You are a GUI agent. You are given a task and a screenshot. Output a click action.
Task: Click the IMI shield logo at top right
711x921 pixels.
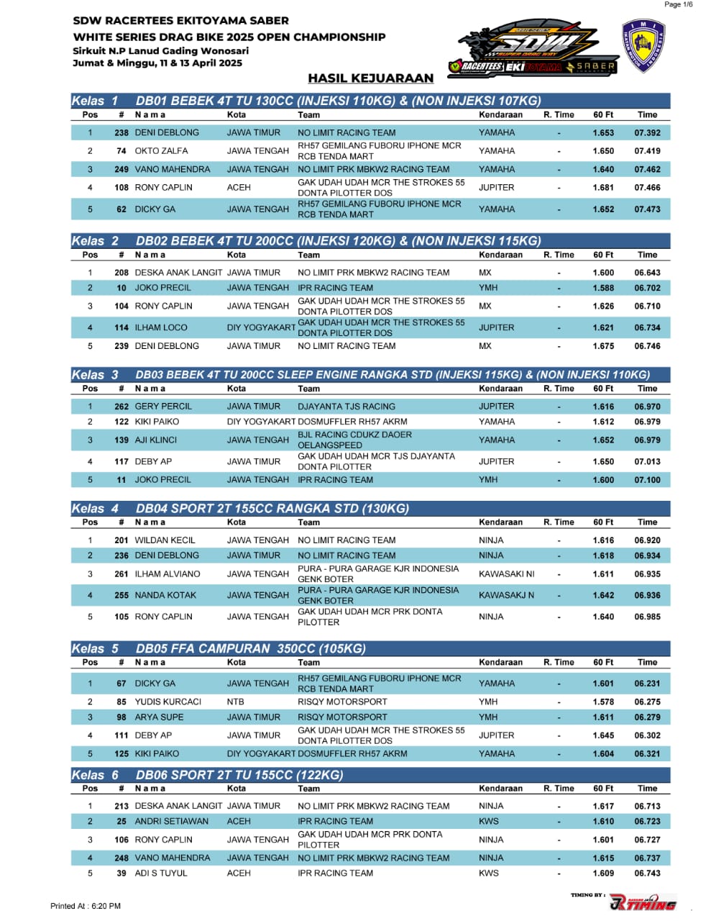(643, 47)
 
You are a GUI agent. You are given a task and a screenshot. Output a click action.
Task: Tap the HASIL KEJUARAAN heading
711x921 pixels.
(370, 78)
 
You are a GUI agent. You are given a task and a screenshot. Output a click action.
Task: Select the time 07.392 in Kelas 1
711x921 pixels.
(647, 132)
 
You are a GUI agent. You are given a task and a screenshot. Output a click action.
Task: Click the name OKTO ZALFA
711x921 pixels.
(161, 151)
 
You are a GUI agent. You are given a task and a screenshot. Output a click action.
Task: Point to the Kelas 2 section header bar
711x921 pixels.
(370, 241)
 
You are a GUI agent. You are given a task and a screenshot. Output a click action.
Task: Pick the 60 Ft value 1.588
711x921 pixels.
(603, 288)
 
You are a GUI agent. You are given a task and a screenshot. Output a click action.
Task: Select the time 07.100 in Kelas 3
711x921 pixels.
(647, 480)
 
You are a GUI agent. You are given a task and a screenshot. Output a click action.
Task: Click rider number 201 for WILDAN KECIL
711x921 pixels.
(121, 540)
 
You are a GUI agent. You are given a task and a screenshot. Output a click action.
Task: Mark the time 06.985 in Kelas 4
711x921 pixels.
(647, 617)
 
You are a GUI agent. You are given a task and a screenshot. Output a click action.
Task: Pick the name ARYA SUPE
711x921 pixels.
(159, 717)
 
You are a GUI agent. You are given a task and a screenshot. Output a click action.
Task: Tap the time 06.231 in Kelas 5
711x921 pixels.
(647, 684)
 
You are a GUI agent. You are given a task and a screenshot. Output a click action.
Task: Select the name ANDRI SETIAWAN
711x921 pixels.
(171, 821)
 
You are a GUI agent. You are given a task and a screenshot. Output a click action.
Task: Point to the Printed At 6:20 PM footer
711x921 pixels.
(86, 906)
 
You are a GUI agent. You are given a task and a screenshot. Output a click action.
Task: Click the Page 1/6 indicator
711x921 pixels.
(678, 4)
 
